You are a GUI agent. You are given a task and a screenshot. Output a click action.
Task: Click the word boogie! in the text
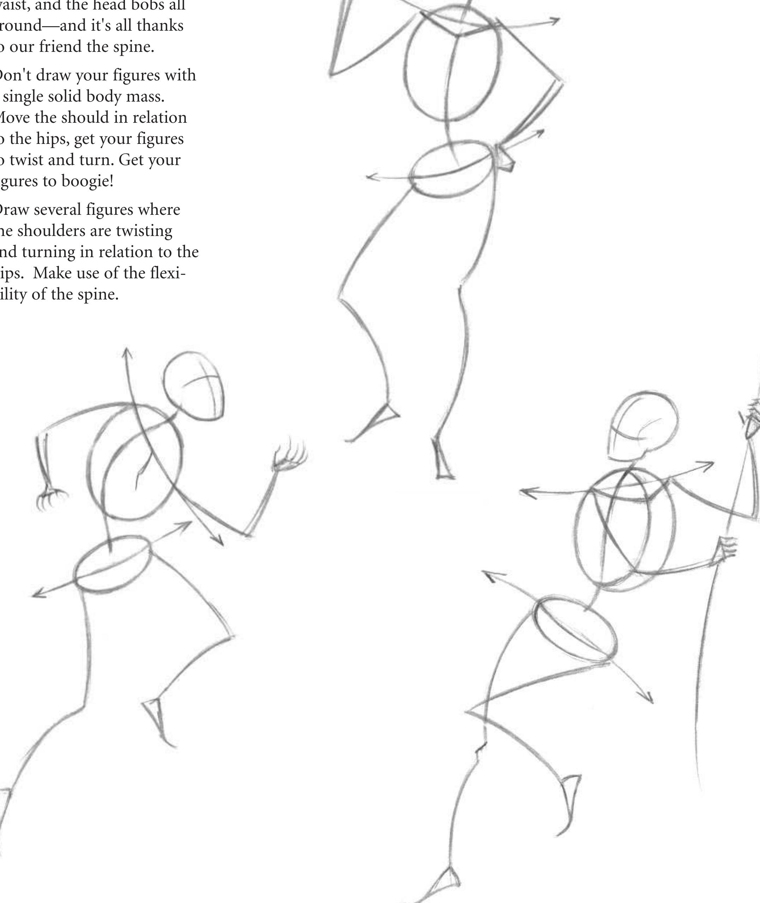click(x=88, y=182)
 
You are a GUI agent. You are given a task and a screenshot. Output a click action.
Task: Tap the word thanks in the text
click(x=160, y=26)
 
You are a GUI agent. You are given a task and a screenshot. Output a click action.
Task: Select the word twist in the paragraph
click(x=30, y=160)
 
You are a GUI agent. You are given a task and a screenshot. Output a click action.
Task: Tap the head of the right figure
click(x=644, y=426)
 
